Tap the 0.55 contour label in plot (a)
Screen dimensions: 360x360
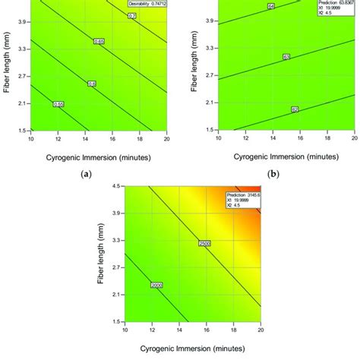point(58,103)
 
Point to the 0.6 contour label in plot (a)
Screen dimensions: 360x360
point(93,84)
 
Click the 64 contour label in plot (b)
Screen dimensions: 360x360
point(271,7)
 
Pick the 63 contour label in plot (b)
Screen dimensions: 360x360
point(286,57)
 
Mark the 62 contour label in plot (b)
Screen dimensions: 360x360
point(294,109)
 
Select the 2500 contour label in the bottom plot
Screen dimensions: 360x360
point(204,244)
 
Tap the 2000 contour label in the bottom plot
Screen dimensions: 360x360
point(157,285)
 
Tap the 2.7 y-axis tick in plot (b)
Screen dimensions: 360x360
point(207,76)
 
